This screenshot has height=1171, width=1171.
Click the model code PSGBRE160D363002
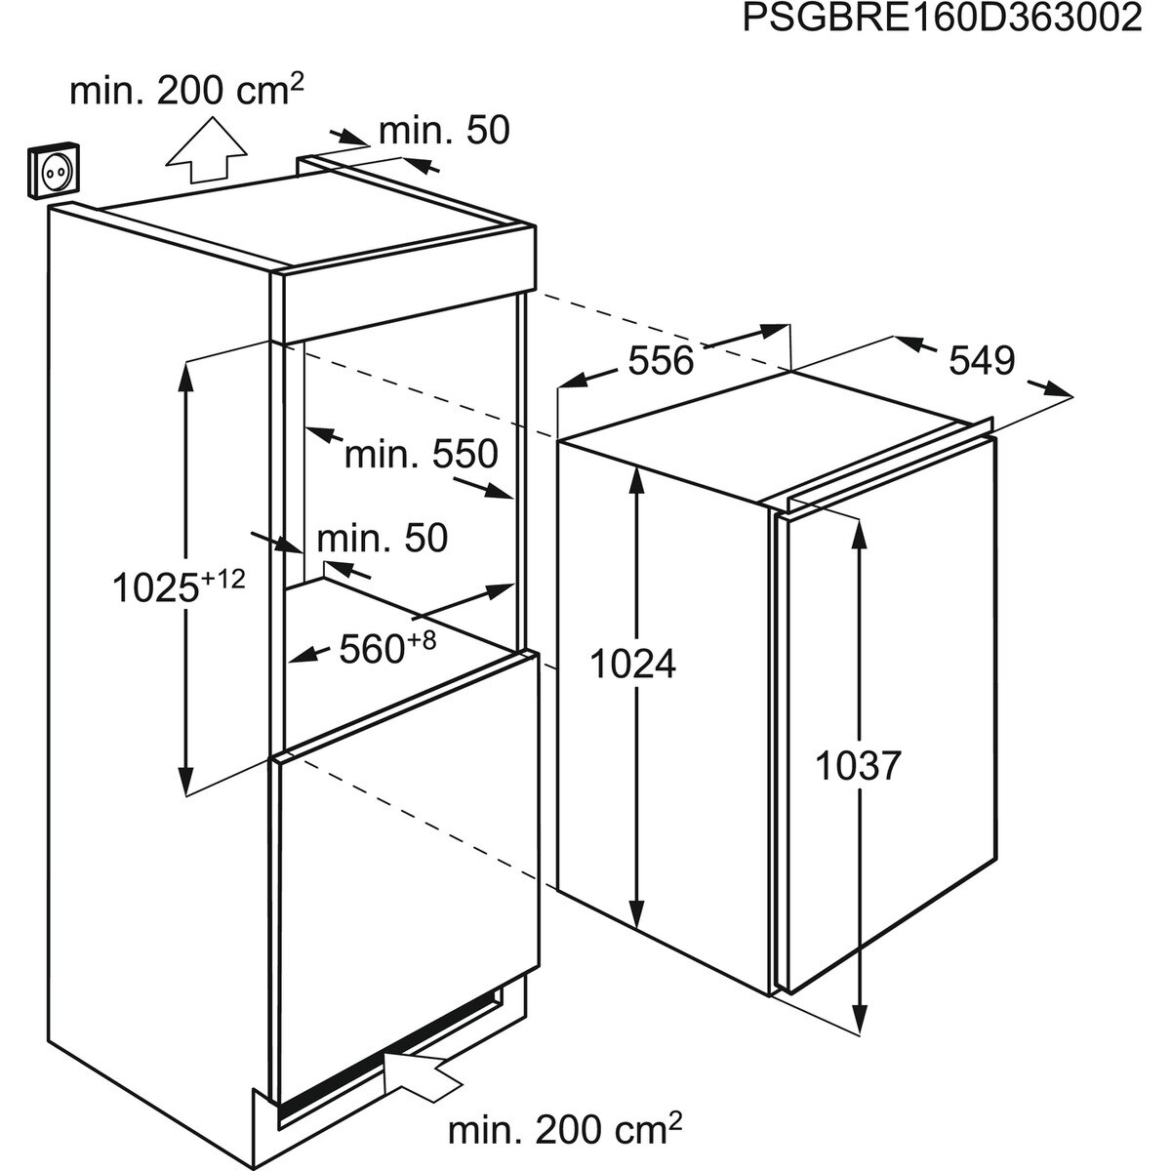[x=942, y=19]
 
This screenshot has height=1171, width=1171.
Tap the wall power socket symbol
[x=54, y=171]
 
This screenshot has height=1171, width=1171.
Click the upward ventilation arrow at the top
[x=207, y=150]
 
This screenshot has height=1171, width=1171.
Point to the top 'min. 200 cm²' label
[x=186, y=91]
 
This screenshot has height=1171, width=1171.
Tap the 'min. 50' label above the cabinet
[x=444, y=131]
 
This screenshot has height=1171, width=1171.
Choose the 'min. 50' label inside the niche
[x=383, y=538]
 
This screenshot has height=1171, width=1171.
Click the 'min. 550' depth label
[x=422, y=454]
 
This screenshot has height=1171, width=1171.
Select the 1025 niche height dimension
[x=156, y=588]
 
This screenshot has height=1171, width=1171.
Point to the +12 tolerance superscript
[x=223, y=579]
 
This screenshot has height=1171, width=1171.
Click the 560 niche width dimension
[x=371, y=649]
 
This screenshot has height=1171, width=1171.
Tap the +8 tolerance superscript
[x=422, y=640]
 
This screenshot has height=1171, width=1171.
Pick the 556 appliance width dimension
[x=661, y=360]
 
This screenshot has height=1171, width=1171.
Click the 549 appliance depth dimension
[x=982, y=360]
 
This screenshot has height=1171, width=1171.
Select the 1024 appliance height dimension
[x=632, y=665]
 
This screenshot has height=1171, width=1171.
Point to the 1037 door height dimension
[x=857, y=765]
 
